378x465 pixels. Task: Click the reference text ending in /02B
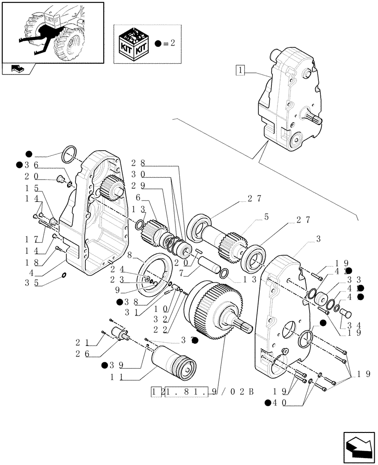[x=203, y=392]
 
